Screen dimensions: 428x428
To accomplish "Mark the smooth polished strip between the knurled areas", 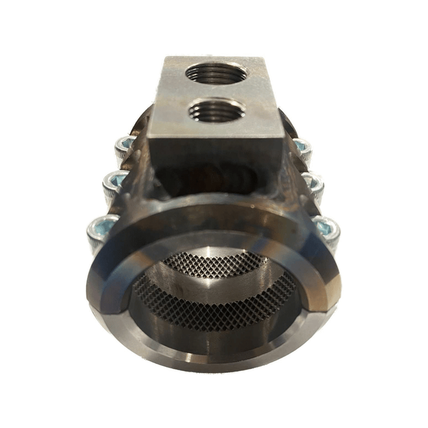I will pyautogui.click(x=214, y=286).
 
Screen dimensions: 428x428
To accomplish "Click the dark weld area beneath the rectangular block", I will pyautogui.click(x=214, y=179).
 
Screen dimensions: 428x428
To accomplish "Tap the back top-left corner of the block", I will pyautogui.click(x=165, y=58).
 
